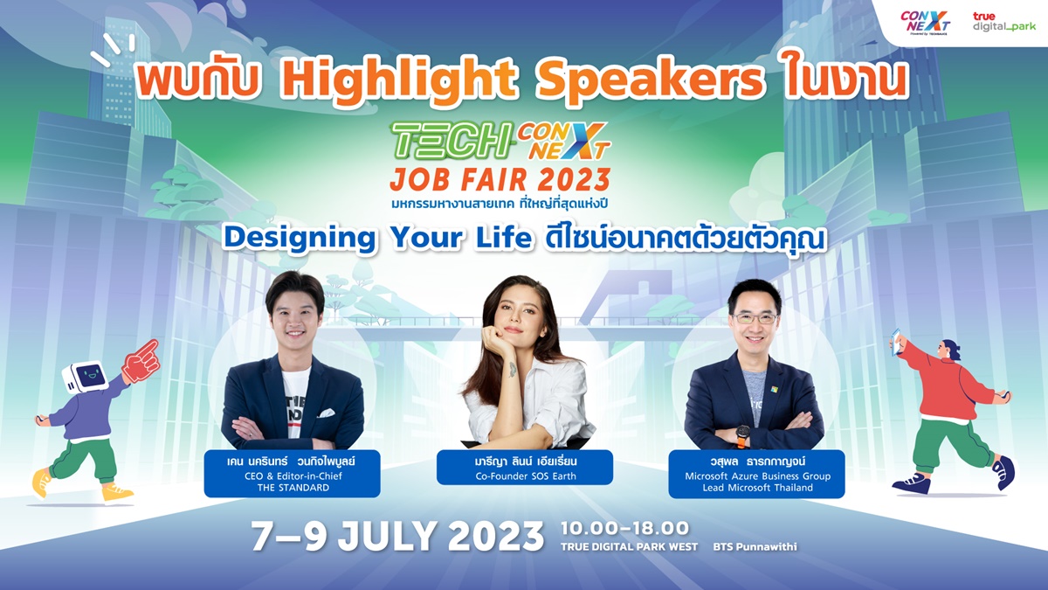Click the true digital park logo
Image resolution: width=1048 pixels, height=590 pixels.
click(1004, 22)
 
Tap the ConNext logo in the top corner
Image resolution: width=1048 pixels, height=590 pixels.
click(925, 23)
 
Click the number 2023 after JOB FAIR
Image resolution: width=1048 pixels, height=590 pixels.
click(574, 180)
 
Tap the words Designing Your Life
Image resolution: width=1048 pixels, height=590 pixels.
click(377, 239)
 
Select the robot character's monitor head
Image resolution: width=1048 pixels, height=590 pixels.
click(86, 377)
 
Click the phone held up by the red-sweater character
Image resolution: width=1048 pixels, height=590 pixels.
click(896, 342)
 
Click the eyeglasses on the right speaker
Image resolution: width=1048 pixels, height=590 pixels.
click(755, 318)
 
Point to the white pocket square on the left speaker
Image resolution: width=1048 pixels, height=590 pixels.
click(327, 413)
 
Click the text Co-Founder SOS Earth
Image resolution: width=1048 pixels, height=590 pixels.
click(526, 476)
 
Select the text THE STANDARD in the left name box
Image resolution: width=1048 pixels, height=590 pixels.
click(293, 488)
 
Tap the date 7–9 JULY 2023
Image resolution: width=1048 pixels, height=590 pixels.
click(397, 537)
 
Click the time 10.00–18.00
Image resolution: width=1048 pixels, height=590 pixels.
click(624, 528)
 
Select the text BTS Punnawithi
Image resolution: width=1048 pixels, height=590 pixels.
click(755, 547)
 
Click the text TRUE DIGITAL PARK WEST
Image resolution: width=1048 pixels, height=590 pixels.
click(630, 547)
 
